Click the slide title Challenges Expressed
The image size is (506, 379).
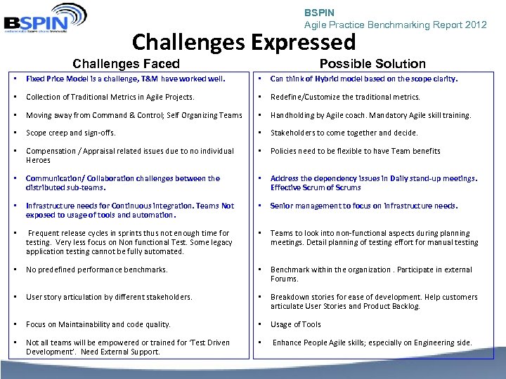coord(244,42)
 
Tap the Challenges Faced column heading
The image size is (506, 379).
coord(126,64)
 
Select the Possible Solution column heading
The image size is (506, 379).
coord(372,64)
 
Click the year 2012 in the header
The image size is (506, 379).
coord(475,25)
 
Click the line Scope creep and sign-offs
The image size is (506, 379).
coord(71,133)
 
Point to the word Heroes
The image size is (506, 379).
coord(38,160)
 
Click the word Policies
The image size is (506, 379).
coord(285,151)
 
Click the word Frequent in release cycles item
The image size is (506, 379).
coord(44,233)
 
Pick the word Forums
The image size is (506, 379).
coord(285,279)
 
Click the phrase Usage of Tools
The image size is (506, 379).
coord(296,324)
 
